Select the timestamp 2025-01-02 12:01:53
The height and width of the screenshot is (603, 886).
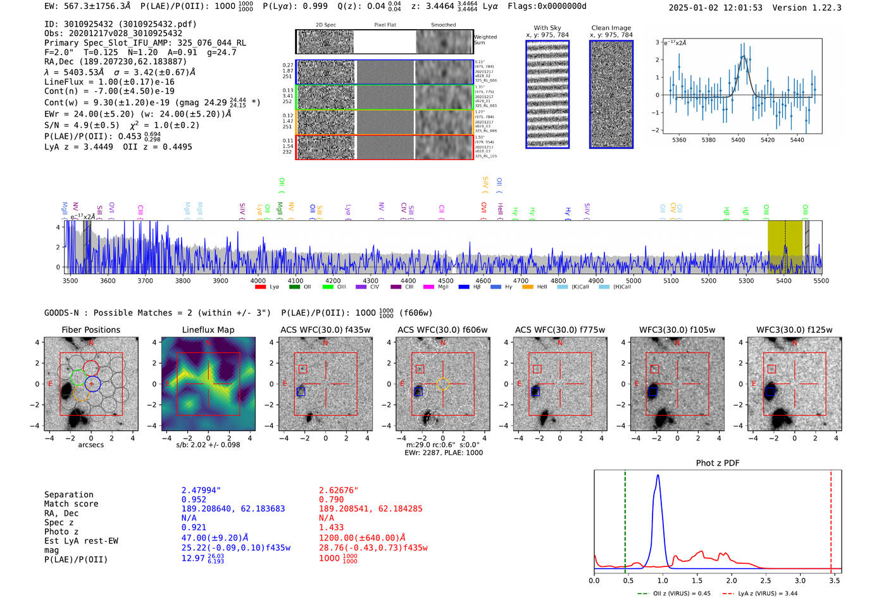(716, 8)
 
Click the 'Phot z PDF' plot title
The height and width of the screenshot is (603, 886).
(718, 463)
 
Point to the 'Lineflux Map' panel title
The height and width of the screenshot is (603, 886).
(208, 330)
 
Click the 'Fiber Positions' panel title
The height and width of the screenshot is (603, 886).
(90, 330)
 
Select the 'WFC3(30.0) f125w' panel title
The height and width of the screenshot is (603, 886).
(794, 330)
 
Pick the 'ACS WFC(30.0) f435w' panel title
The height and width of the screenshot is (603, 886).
(325, 330)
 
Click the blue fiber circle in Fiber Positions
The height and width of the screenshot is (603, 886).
(92, 383)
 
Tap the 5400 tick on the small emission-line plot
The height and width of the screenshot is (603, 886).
(738, 140)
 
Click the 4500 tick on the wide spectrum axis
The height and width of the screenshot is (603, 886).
(446, 281)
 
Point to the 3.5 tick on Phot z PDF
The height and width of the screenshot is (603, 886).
(835, 580)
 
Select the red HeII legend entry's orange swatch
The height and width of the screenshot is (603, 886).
(528, 287)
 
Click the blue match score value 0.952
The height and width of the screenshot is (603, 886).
(194, 499)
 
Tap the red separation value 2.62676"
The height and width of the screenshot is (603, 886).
(339, 490)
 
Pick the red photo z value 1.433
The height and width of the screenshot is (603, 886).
(331, 527)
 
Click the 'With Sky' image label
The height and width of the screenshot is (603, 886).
(547, 28)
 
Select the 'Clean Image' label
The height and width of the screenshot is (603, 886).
(611, 28)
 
